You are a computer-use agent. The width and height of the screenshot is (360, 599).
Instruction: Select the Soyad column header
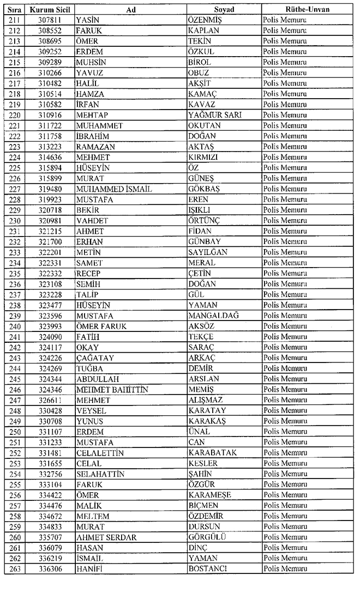224,10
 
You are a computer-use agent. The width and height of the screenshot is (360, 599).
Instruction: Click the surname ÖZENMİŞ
207,20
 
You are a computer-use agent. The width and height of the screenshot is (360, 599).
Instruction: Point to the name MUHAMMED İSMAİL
114,189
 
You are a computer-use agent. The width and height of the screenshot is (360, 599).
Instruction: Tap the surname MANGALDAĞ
213,316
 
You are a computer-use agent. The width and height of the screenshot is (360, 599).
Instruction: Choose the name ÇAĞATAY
95,358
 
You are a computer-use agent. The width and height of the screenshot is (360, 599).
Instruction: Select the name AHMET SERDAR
106,537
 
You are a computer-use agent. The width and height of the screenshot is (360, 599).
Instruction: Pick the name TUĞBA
90,368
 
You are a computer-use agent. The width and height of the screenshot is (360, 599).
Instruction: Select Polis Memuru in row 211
285,20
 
